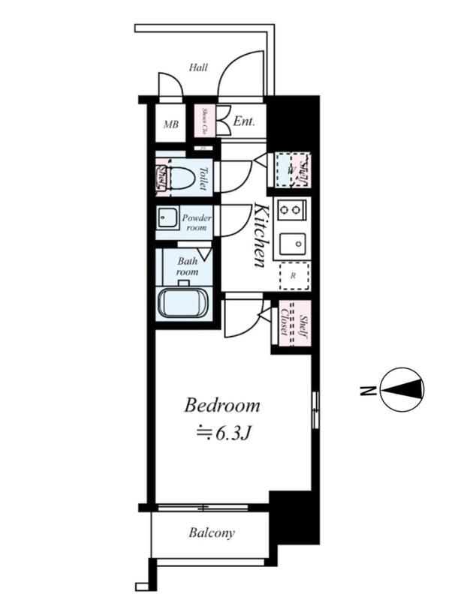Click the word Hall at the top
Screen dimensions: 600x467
tap(198, 67)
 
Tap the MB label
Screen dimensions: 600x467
tap(171, 124)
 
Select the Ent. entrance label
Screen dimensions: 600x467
tap(244, 121)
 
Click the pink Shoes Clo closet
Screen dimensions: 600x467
tap(203, 121)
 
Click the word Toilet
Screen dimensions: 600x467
tap(203, 178)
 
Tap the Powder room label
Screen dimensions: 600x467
tap(197, 222)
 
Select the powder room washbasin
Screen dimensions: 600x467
tap(166, 220)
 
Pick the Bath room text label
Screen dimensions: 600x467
tap(187, 266)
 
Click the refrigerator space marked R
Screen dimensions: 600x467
tap(293, 276)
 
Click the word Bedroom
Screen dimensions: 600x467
tap(222, 406)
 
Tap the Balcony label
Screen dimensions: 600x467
tap(211, 533)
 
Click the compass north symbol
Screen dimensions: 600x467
tap(402, 389)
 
